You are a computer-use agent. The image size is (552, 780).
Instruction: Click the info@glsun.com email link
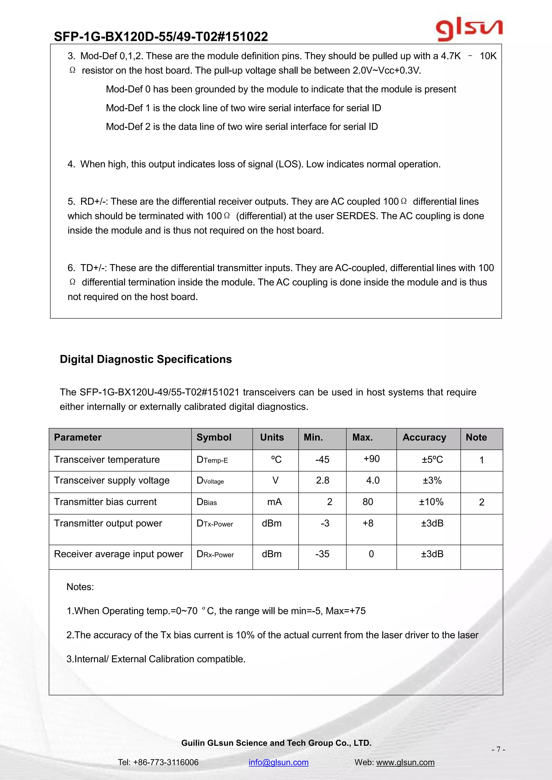[278, 762]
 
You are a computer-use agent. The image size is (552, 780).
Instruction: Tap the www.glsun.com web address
[405, 762]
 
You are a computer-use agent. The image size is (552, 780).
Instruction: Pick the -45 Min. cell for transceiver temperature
[322, 460]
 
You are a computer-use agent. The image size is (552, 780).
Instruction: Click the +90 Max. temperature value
[371, 459]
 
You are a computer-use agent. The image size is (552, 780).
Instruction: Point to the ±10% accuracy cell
[431, 502]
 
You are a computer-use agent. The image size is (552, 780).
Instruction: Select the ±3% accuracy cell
[432, 480]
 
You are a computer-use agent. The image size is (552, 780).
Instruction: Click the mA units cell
[275, 502]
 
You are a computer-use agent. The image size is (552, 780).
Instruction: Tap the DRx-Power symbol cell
[215, 554]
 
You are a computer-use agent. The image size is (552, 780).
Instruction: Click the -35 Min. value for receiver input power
[322, 554]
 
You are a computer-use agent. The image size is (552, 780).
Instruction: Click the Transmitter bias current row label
[105, 502]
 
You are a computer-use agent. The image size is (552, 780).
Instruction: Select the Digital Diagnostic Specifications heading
[146, 359]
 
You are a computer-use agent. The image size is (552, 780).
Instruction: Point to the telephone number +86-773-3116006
[165, 762]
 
